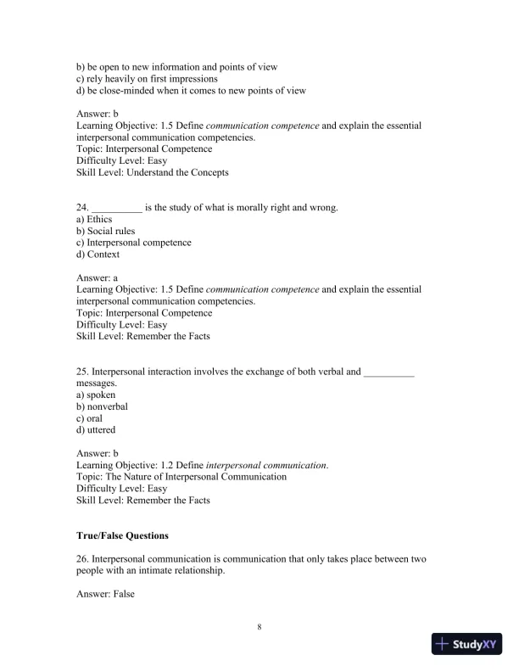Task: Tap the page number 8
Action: point(259,627)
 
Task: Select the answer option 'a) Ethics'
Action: point(94,219)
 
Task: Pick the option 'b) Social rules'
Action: point(105,231)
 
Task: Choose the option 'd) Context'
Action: point(98,255)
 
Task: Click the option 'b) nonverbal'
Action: point(102,406)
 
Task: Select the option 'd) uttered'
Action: point(96,430)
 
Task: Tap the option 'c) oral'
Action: point(91,418)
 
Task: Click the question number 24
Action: point(82,207)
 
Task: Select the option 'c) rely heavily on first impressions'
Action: point(147,79)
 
